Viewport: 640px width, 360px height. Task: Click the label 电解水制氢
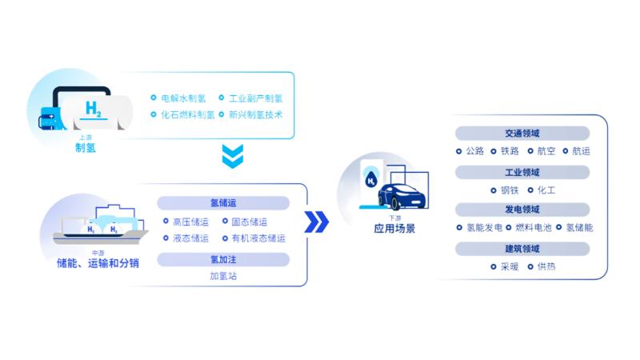[x=183, y=98]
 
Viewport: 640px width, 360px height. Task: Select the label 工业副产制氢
[x=255, y=98]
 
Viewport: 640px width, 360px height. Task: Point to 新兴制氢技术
[x=255, y=115]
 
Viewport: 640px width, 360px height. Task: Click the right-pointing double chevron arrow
[x=317, y=222]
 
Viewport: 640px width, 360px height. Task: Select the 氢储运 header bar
[x=223, y=203]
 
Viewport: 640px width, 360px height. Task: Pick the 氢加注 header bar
[x=223, y=259]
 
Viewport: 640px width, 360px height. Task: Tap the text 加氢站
[x=223, y=276]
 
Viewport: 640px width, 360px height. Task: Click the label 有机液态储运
[x=258, y=238]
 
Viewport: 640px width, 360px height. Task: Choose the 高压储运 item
[x=190, y=222]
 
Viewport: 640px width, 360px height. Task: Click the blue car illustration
[x=402, y=195]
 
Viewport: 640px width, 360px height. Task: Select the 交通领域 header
[x=522, y=134]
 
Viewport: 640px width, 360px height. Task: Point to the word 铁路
[x=509, y=150]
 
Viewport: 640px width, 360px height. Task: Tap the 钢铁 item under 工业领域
[x=509, y=190]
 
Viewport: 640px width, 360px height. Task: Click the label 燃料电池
[x=536, y=228]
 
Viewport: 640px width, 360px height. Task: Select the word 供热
[x=546, y=266]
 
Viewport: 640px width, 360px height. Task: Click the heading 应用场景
[x=394, y=229]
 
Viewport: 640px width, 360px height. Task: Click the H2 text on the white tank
[x=94, y=108]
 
